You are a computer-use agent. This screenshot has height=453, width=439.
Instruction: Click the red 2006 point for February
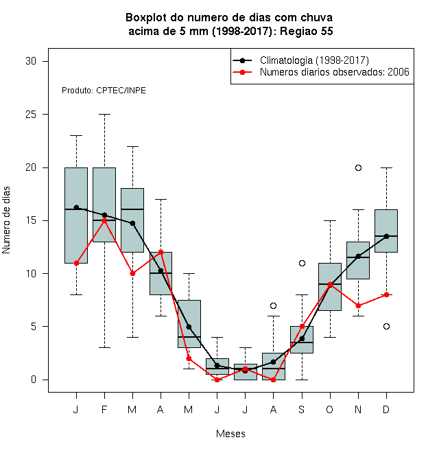[x=104, y=221]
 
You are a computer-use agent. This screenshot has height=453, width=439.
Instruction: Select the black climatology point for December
[x=386, y=236]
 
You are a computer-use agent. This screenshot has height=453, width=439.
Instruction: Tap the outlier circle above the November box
[x=358, y=168]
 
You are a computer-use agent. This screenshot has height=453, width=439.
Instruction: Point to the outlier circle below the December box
[x=386, y=327]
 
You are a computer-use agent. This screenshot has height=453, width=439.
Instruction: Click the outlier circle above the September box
[x=302, y=263]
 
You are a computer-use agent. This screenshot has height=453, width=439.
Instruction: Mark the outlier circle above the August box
[x=273, y=305]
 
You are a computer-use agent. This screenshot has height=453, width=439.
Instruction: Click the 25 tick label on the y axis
[x=31, y=115]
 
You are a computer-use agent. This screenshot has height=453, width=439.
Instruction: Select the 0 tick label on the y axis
[x=34, y=380]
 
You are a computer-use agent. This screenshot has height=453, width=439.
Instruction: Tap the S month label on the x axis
[x=302, y=409]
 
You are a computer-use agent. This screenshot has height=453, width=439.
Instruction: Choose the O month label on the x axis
[x=329, y=409]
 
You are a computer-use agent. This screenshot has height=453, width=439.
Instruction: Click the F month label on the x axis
[x=104, y=409]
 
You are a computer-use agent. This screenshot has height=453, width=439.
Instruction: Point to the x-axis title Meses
[x=230, y=434]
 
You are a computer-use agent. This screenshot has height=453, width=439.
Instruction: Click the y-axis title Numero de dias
[x=6, y=220]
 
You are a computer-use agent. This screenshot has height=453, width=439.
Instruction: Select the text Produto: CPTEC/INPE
[x=104, y=91]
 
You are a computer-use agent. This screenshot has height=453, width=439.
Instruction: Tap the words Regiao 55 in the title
[x=306, y=31]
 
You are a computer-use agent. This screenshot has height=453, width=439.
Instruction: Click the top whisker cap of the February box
[x=104, y=115]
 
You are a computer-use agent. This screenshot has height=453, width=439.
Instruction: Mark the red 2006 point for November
[x=358, y=305]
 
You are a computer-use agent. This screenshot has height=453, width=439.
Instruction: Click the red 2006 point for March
[x=132, y=273]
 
